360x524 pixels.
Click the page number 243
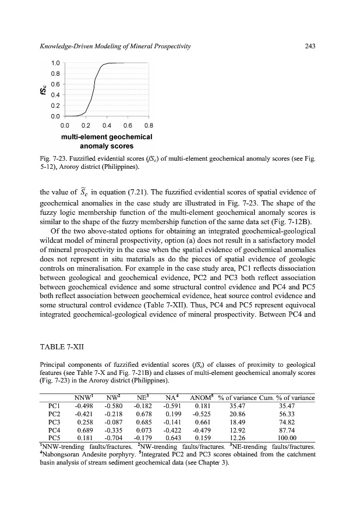(310, 46)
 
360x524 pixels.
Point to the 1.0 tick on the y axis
(55, 62)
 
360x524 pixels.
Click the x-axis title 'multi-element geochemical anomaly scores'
(107, 141)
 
